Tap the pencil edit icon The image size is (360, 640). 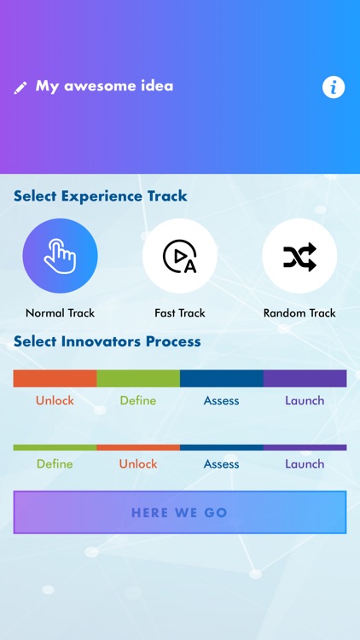21,87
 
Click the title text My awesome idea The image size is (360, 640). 104,86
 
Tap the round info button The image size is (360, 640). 334,87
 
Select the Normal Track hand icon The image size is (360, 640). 60,256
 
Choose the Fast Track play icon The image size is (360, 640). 180,256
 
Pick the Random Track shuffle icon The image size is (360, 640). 299,256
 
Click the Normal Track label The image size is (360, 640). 60,313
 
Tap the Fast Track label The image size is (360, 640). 180,313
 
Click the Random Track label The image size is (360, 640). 299,313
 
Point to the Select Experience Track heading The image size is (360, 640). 101,196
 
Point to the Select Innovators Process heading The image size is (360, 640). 107,342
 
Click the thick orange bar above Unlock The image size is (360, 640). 55,378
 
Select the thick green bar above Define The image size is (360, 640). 138,378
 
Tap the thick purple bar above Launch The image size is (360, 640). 305,378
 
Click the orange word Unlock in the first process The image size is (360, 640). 55,400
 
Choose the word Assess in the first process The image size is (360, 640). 221,400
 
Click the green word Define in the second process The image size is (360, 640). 55,464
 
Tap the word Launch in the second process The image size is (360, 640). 305,464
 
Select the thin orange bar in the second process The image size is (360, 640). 138,447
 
